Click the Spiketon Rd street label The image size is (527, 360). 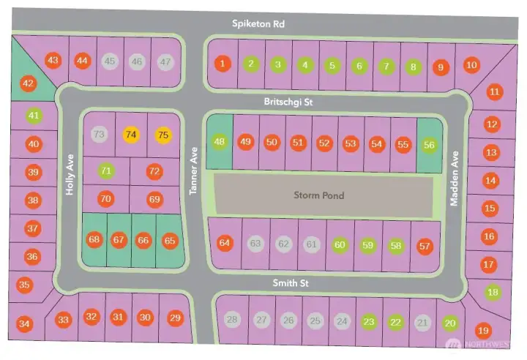[258, 24]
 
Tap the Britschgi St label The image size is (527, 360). [288, 102]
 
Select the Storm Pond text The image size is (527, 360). [318, 195]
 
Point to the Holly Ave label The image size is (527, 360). [70, 175]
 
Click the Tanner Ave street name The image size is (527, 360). [193, 171]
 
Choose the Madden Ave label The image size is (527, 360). [454, 179]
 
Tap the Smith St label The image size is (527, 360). [291, 283]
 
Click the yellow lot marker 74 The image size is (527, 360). [131, 135]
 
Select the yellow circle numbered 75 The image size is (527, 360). [163, 135]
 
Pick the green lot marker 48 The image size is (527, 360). [219, 141]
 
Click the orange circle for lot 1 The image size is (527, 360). [223, 64]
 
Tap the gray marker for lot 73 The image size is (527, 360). [99, 135]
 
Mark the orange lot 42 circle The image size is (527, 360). [29, 83]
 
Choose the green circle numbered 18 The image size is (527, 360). [493, 292]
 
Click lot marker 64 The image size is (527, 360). [225, 243]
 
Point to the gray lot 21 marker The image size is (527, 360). [422, 323]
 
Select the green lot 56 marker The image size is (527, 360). [429, 145]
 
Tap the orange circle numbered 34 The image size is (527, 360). [24, 324]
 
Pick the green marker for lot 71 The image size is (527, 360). [106, 171]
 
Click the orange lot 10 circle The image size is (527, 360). [471, 65]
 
